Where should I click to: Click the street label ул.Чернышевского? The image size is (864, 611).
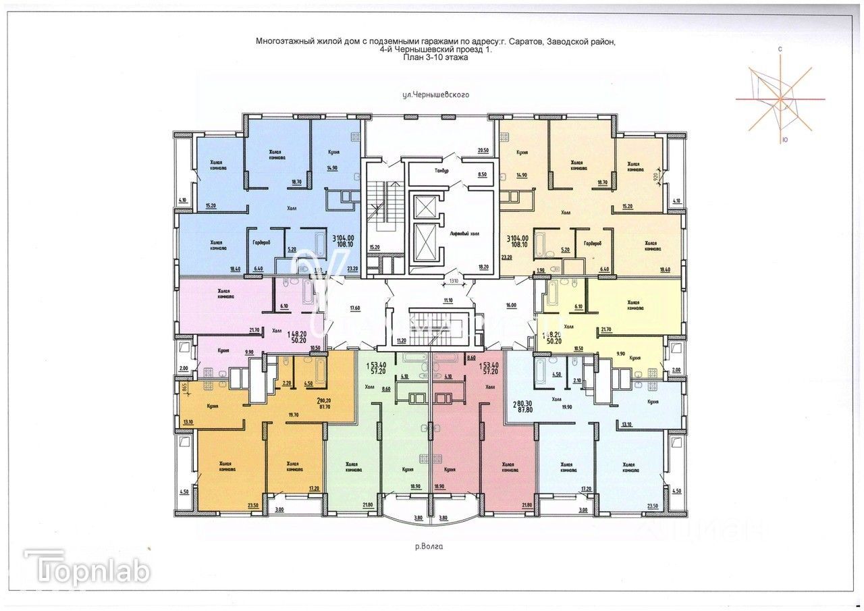(435, 96)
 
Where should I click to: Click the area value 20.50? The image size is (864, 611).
(482, 150)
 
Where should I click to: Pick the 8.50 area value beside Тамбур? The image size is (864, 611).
(482, 175)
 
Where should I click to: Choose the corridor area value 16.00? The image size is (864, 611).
(510, 305)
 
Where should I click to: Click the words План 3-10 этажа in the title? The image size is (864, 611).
(435, 58)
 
